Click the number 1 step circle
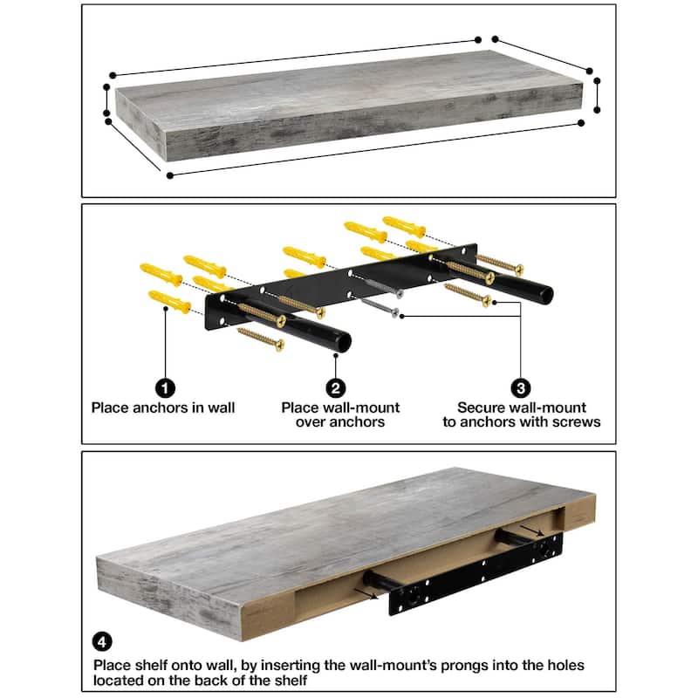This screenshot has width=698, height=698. (x=165, y=388)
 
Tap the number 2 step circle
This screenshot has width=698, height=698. (x=336, y=388)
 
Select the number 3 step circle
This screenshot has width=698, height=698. (x=521, y=388)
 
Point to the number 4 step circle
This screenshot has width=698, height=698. (x=102, y=642)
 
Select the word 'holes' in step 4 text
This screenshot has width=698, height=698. (x=564, y=665)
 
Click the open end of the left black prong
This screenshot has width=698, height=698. (x=344, y=343)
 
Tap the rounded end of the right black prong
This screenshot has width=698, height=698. (x=546, y=295)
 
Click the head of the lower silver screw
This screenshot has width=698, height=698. (x=395, y=312)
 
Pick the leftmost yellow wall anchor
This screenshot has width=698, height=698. (x=161, y=274)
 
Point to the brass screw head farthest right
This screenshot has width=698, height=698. (x=518, y=269)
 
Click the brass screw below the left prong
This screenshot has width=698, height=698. (x=260, y=339)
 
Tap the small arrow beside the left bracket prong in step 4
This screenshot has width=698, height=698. (x=366, y=594)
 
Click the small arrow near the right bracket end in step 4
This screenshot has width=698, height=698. (x=532, y=530)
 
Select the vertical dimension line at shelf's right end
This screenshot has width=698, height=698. (x=597, y=95)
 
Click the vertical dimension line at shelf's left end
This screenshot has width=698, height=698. (x=106, y=100)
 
